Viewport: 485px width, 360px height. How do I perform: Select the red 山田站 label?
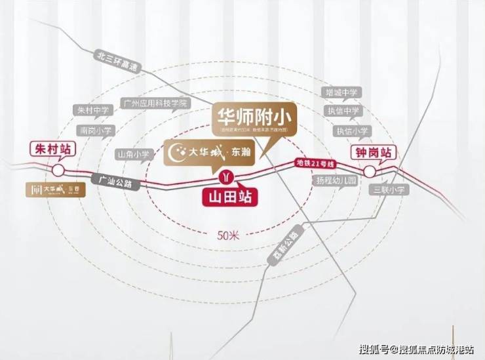229,195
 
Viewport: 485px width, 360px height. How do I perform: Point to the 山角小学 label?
133,154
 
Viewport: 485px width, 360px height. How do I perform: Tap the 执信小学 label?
351,130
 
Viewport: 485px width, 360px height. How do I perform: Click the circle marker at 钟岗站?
370,172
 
